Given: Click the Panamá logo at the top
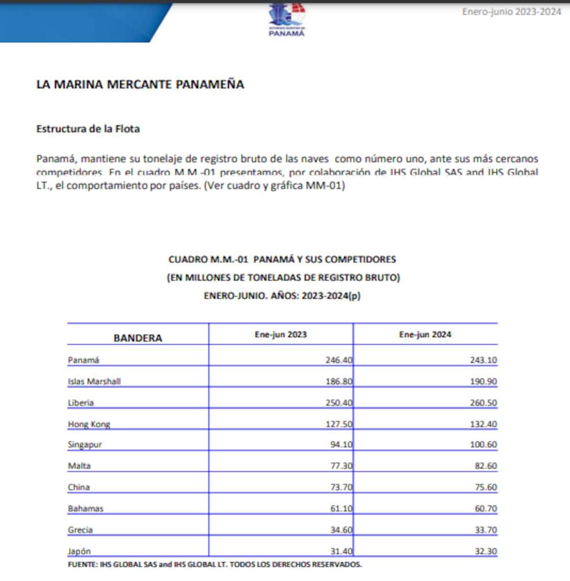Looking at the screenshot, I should click(286, 20).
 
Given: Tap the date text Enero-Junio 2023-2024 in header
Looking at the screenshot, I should click(512, 12).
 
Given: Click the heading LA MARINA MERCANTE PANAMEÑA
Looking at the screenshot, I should click(140, 85).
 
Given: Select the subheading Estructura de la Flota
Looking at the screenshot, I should click(88, 129).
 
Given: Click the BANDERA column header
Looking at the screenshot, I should click(138, 338).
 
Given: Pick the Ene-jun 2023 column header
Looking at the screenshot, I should click(281, 334).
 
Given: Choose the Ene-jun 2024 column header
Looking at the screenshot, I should click(425, 334).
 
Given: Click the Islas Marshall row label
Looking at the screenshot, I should click(94, 381).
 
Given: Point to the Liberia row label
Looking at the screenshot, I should click(81, 403).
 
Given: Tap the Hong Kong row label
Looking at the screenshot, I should click(89, 424).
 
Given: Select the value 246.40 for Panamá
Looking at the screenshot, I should click(339, 360).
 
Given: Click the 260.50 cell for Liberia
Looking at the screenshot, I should click(483, 403).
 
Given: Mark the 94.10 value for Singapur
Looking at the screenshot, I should click(341, 445).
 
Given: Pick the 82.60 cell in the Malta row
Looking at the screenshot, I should click(485, 466).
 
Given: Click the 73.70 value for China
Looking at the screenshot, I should click(341, 487).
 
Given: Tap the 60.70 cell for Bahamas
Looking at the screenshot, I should click(485, 509).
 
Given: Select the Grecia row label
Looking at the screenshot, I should click(80, 530).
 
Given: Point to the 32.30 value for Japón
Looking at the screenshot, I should click(485, 552).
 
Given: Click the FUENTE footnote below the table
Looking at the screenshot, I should click(215, 564).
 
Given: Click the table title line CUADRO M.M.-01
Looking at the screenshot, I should click(282, 260).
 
